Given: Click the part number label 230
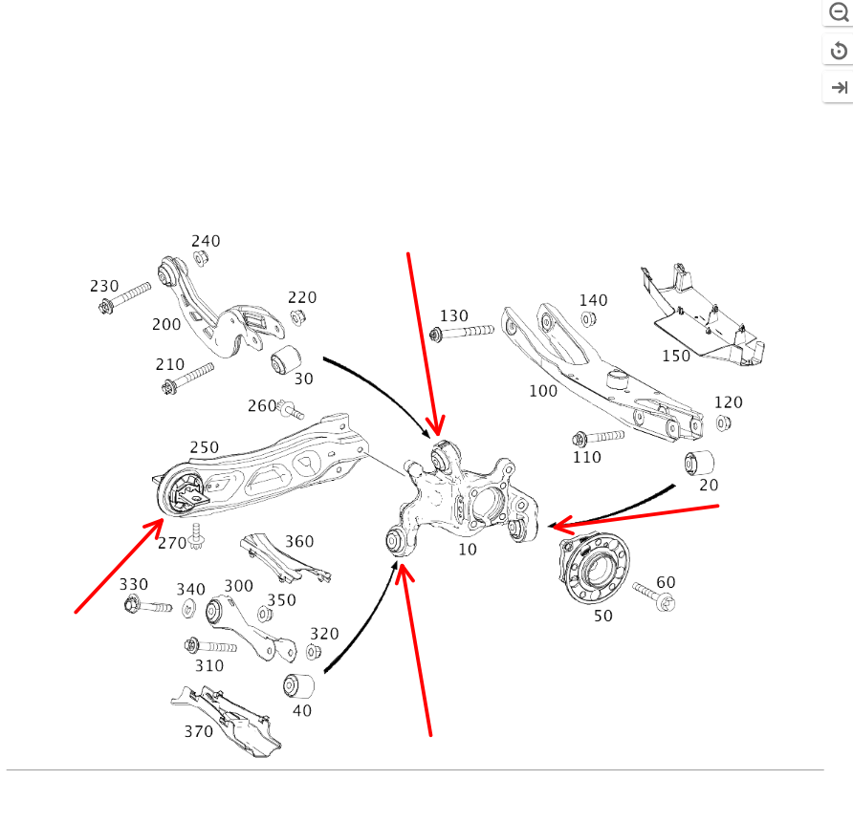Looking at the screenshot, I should [x=104, y=286].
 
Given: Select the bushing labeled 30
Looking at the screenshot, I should [x=285, y=361].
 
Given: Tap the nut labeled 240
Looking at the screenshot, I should [x=201, y=258].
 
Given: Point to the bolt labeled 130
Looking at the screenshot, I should [x=463, y=333].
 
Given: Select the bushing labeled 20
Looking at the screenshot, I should [x=700, y=464].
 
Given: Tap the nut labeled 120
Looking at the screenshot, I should [x=724, y=422].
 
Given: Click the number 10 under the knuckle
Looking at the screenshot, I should [x=467, y=550].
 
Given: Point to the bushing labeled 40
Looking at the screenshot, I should [x=298, y=685].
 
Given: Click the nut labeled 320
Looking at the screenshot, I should [x=313, y=653].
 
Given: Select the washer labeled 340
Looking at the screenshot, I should [x=188, y=608].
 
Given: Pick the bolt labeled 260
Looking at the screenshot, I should [x=291, y=411].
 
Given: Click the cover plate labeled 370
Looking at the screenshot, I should [x=230, y=719].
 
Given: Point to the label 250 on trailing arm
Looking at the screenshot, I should [x=204, y=447].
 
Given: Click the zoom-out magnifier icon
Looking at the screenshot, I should [x=839, y=13].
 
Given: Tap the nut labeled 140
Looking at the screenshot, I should [x=590, y=318].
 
